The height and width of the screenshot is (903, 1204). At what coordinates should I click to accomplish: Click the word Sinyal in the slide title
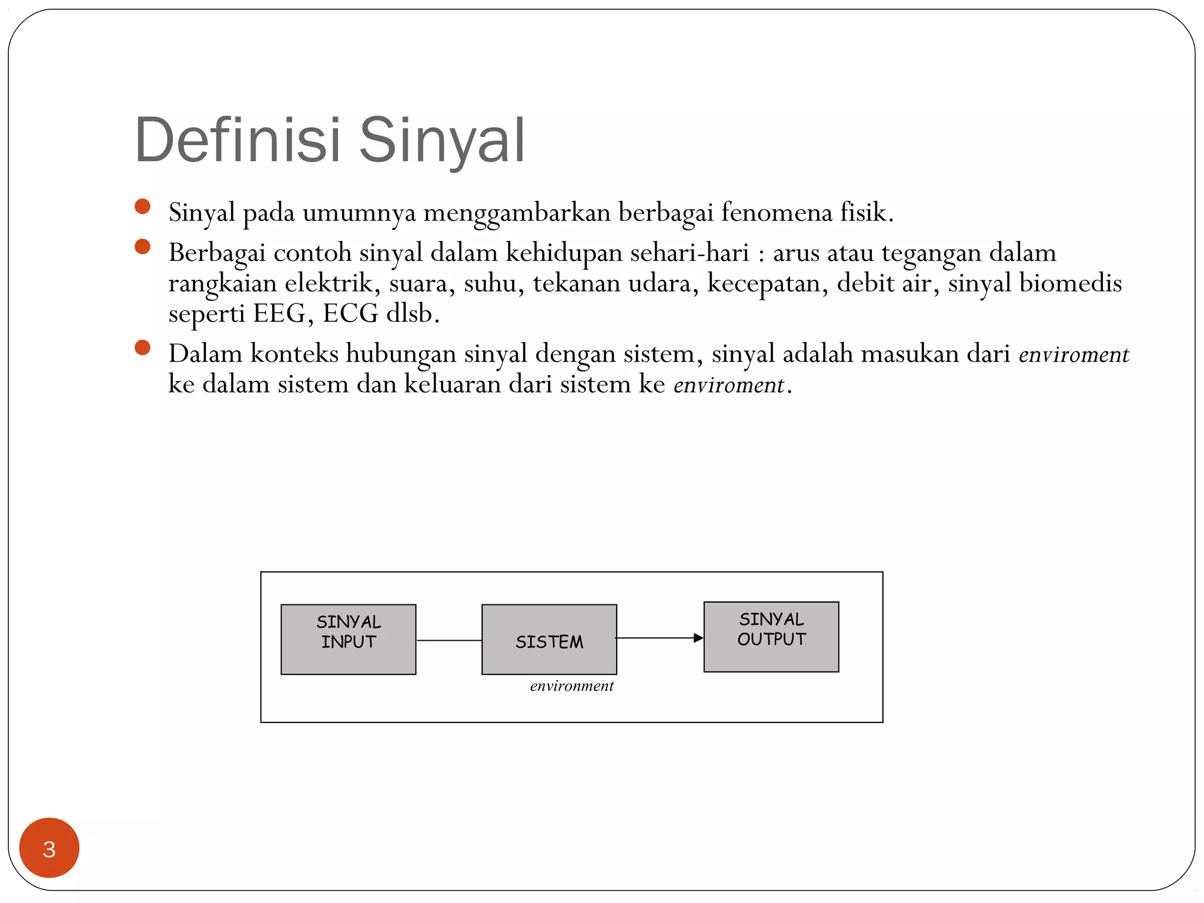441,141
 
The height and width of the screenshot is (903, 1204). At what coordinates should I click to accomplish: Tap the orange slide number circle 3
49,848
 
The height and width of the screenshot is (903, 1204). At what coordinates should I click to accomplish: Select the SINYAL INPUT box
348,639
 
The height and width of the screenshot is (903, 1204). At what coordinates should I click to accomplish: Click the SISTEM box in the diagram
549,639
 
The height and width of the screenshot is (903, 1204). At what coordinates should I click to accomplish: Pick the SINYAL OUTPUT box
771,636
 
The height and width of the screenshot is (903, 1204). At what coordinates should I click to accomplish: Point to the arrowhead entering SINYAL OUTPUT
698,638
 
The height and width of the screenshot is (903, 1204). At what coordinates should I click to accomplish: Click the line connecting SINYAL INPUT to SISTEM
449,640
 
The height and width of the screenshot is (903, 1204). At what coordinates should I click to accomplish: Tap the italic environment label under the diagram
571,685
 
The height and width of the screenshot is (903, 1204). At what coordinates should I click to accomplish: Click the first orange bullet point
142,206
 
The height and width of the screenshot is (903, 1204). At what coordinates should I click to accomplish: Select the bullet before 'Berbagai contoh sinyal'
142,246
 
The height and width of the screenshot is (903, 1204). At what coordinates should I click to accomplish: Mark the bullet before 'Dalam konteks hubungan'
142,347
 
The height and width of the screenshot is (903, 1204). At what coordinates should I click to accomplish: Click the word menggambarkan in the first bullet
517,212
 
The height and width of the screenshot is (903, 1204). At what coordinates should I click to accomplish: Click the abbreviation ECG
350,313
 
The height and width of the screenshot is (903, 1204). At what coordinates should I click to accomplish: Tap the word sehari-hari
689,253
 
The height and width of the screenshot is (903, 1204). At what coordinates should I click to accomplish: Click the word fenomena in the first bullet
776,212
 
